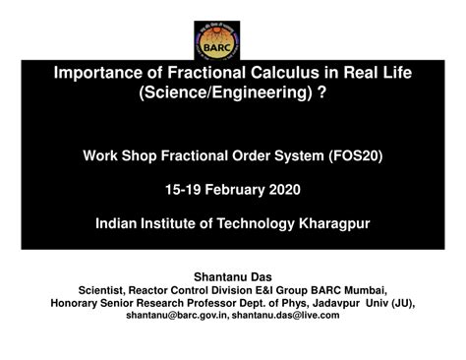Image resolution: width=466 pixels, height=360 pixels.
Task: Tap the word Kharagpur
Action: (x=331, y=223)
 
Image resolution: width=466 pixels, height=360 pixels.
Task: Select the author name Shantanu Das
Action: (x=232, y=276)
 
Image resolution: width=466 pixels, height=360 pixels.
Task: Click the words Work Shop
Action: (x=117, y=155)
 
